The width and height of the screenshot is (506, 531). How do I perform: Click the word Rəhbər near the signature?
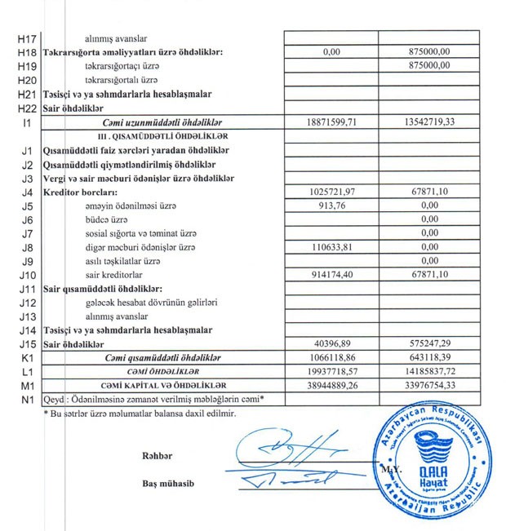pos(158,454)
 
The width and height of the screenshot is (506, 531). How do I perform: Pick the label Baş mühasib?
pos(166,483)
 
